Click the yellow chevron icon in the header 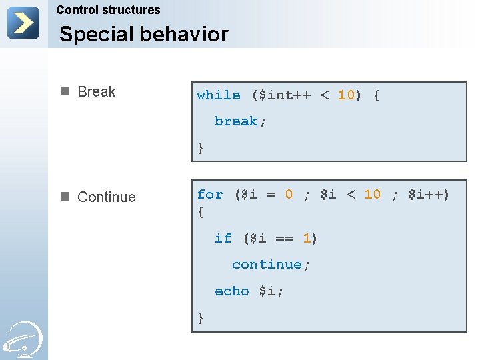coord(23,23)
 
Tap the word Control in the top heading coord(77,10)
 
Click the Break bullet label coord(96,92)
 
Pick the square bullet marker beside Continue coord(65,197)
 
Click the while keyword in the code coord(218,95)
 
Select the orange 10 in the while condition coord(346,95)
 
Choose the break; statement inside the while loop coord(240,121)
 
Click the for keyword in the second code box coord(209,195)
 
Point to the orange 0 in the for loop coord(289,195)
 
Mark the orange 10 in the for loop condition coord(372,195)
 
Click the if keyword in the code coord(223,239)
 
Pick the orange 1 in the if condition coord(307,239)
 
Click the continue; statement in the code coord(271,265)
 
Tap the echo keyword coord(231,291)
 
